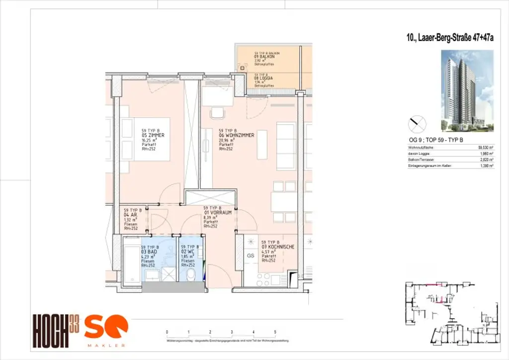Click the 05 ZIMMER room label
(x=153, y=135)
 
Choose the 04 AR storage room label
(x=131, y=215)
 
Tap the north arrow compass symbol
(x=417, y=123)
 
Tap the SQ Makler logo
(x=105, y=330)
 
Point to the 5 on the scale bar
(x=275, y=331)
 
